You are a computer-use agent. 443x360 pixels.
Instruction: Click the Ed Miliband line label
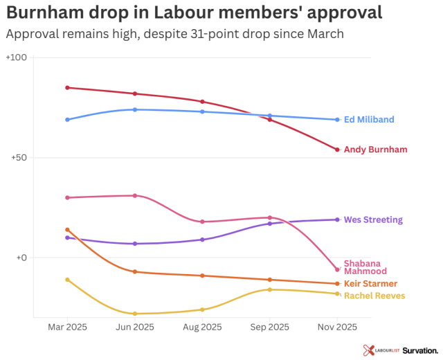click(369, 120)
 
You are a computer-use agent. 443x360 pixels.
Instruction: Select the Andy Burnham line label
click(375, 150)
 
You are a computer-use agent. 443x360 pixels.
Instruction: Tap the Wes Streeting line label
click(373, 220)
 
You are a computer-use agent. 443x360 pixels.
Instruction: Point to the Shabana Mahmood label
click(365, 267)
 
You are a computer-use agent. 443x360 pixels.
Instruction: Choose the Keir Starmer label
click(370, 284)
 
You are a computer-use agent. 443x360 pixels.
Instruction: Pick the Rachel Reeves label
click(374, 296)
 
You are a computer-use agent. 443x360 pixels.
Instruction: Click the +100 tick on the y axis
click(16, 57)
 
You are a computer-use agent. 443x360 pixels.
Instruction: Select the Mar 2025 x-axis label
click(67, 327)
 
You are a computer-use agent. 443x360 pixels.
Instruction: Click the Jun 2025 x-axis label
click(135, 327)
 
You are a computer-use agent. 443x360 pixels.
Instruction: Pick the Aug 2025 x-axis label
click(202, 327)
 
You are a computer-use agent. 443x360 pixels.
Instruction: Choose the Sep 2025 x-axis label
click(269, 327)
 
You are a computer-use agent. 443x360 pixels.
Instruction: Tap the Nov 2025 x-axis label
click(337, 327)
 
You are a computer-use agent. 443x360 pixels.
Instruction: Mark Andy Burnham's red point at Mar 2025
click(67, 88)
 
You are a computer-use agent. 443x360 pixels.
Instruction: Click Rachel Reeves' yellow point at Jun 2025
click(135, 314)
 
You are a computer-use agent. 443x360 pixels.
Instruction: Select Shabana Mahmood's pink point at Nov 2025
click(337, 269)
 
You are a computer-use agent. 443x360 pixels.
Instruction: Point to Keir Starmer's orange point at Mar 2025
click(67, 230)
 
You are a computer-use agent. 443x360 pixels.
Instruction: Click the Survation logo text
click(420, 350)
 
